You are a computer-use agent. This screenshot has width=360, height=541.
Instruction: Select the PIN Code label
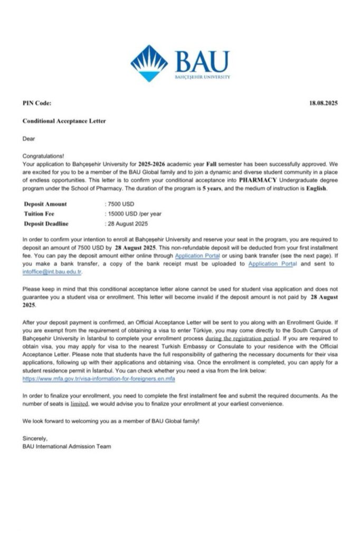tap(37, 103)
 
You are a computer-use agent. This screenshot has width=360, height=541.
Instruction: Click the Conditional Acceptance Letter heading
tap(64, 121)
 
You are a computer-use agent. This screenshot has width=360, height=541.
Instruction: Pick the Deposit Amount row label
tap(45, 204)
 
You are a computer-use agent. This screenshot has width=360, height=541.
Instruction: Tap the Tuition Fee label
tap(40, 213)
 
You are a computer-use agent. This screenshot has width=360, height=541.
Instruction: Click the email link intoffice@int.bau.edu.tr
tap(53, 272)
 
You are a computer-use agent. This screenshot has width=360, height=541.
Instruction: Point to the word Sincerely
tap(35, 439)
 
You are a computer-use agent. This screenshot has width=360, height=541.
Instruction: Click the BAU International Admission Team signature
tap(67, 446)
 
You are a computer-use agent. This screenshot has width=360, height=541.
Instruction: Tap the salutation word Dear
tap(28, 139)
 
